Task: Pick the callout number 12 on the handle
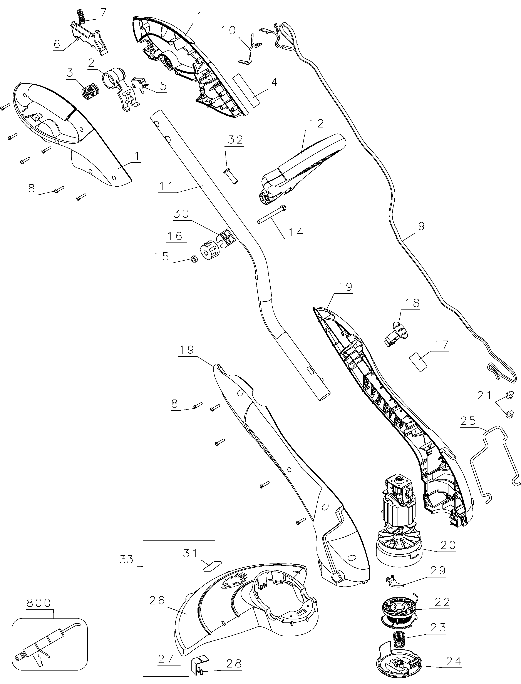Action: pyautogui.click(x=316, y=124)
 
